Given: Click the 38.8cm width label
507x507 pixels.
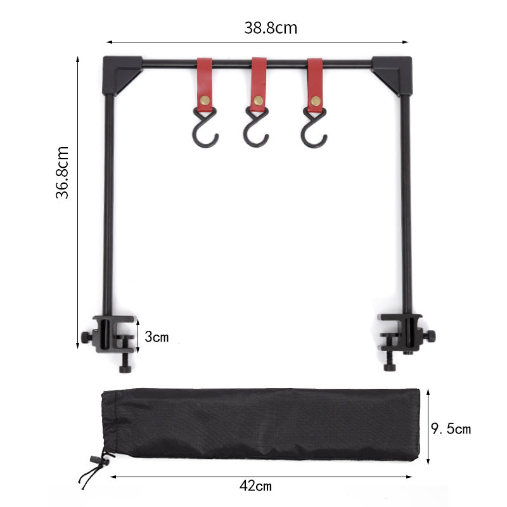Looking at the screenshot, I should (x=270, y=28).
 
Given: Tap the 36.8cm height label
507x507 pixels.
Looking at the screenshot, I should (x=62, y=172).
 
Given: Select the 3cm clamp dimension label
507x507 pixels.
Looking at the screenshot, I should (x=157, y=337).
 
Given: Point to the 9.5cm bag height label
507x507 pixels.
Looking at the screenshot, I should (x=451, y=429).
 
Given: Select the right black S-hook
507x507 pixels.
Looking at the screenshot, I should (x=314, y=129).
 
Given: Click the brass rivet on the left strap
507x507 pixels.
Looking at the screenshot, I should (x=204, y=100).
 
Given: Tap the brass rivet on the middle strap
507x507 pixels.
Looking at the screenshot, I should (x=259, y=99).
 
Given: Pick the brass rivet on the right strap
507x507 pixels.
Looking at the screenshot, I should (x=315, y=100).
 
